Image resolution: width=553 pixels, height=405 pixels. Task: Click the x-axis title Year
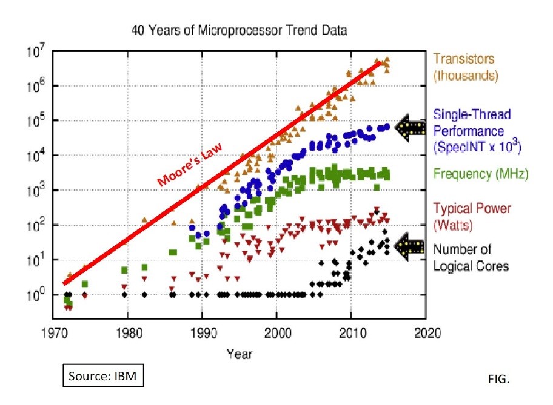click(239, 353)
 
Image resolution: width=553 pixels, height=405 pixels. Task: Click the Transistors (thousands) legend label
click(464, 68)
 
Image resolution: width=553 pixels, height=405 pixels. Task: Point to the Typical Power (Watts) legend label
click(472, 216)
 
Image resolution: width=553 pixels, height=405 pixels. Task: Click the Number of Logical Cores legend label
click(471, 257)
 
